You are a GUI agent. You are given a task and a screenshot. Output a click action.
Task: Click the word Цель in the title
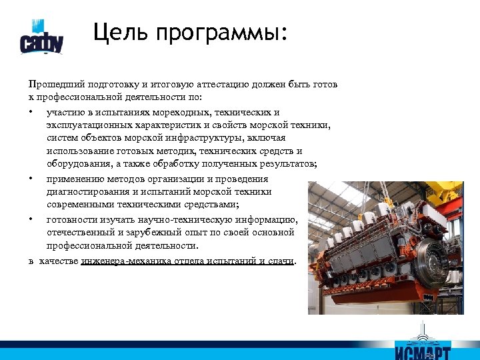(117, 31)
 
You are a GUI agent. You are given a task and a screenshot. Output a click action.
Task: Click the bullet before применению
(31, 179)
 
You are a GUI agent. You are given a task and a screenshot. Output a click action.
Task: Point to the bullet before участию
(31, 111)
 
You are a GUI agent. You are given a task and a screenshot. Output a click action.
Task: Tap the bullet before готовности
(31, 219)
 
